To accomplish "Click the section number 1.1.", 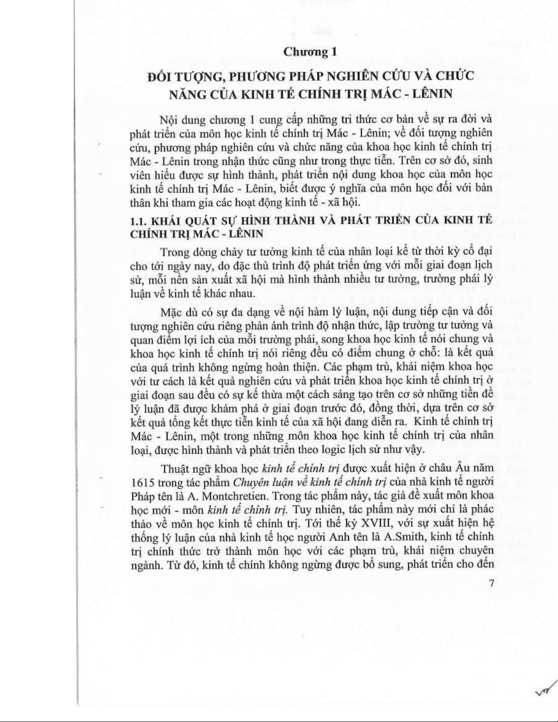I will point(138,221).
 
